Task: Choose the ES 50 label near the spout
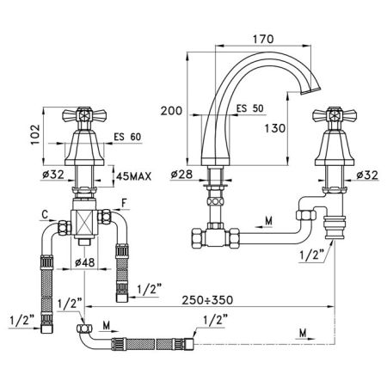click(x=249, y=109)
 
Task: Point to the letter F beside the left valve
click(x=125, y=204)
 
